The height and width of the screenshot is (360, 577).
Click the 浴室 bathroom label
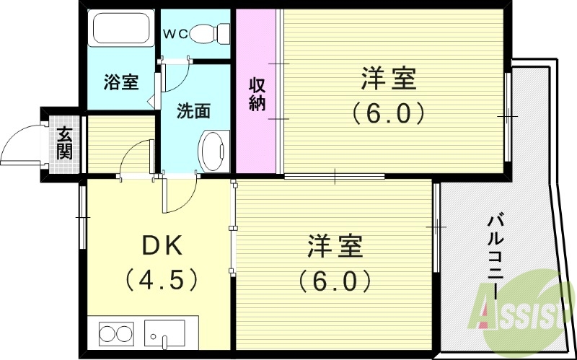120,82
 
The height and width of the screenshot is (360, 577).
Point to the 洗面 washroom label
194,111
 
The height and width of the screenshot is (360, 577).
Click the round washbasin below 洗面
213,150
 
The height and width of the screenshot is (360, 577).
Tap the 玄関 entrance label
65,142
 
